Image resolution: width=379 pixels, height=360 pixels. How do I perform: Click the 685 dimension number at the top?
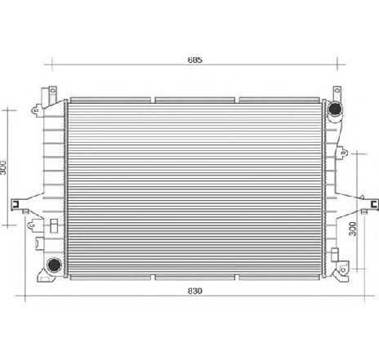tap(194, 60)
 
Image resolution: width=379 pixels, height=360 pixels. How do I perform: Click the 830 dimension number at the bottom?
tap(194, 291)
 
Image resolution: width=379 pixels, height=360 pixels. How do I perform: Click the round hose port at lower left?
tap(53, 264)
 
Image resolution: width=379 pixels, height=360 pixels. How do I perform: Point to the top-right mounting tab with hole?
tap(335, 91)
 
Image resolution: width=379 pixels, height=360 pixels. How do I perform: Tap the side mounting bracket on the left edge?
tap(18, 205)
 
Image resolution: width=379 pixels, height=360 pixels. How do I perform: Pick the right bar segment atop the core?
tap(278, 99)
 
